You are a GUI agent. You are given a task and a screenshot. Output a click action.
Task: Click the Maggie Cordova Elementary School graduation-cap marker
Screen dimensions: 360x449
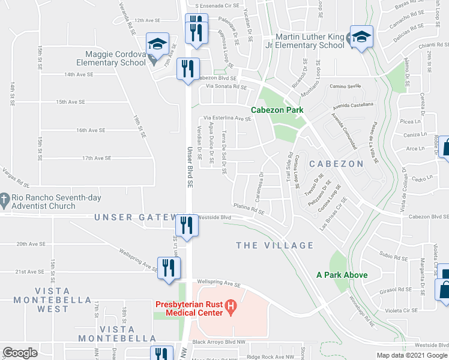(x=157, y=44)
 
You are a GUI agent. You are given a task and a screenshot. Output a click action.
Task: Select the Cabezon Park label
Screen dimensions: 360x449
(x=277, y=110)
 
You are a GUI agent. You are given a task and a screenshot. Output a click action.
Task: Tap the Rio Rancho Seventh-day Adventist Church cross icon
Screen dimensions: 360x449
(x=5, y=198)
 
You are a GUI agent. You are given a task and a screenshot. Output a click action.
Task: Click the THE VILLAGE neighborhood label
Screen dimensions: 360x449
(x=274, y=245)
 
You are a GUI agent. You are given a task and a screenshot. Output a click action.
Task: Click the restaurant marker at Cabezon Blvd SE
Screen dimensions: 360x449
(x=188, y=68)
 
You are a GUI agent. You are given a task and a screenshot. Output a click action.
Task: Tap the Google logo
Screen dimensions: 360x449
(x=20, y=353)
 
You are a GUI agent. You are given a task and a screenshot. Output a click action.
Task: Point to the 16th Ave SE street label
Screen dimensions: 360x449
(x=91, y=130)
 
